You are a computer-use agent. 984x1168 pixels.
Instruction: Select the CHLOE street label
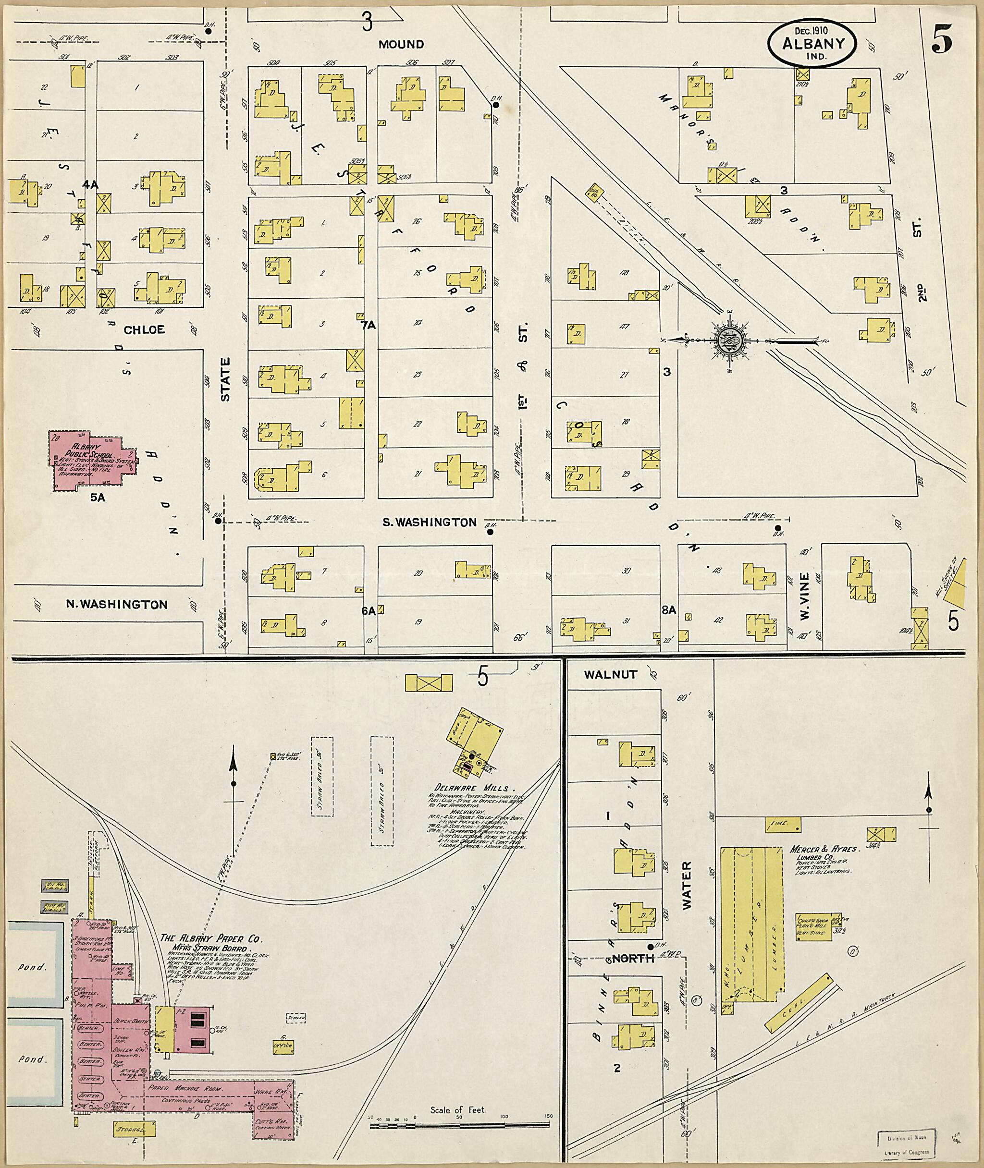pos(144,329)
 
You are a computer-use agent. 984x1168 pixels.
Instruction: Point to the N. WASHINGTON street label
pos(117,604)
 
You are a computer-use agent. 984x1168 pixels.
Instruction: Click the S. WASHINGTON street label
pos(429,523)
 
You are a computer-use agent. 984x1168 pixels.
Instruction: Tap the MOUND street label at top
pos(401,44)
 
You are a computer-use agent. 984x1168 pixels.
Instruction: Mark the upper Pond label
pos(31,967)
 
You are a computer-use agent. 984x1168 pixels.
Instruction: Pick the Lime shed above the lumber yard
pos(779,824)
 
